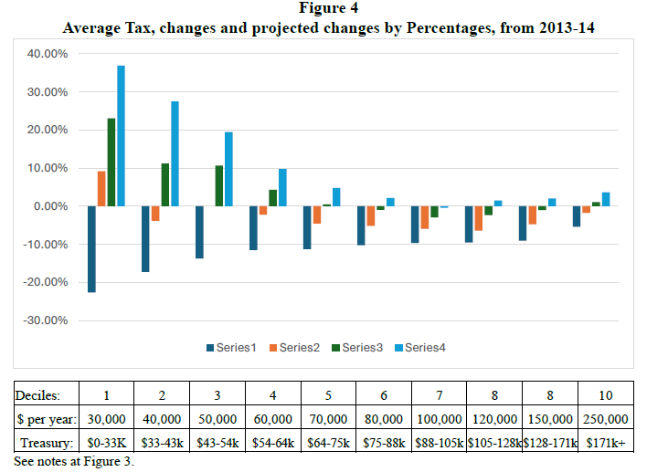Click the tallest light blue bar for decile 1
(x=121, y=136)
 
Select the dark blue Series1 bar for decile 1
(x=91, y=248)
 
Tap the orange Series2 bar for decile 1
(x=101, y=189)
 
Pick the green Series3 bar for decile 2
(x=165, y=184)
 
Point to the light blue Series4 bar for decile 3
(x=228, y=169)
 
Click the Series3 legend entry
(x=359, y=347)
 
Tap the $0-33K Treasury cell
(x=109, y=442)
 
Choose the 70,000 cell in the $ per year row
(x=329, y=419)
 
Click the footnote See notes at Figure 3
(x=73, y=460)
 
